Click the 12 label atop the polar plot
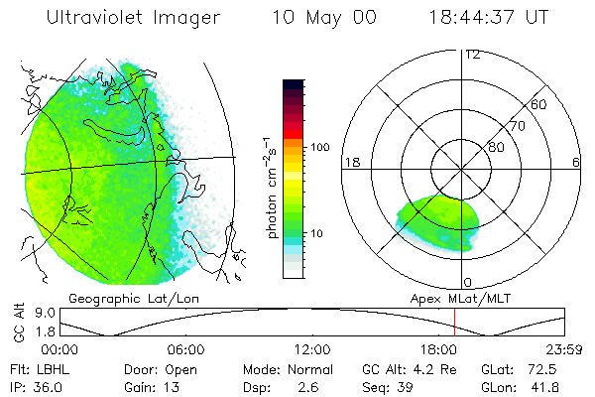coord(472,54)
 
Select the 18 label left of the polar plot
coord(351,162)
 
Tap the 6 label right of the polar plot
coord(576,162)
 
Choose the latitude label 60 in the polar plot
coord(539,104)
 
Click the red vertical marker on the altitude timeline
coord(454,322)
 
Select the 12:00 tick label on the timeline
coord(312,350)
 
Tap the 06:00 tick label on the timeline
coord(186,350)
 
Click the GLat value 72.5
coord(552,368)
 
